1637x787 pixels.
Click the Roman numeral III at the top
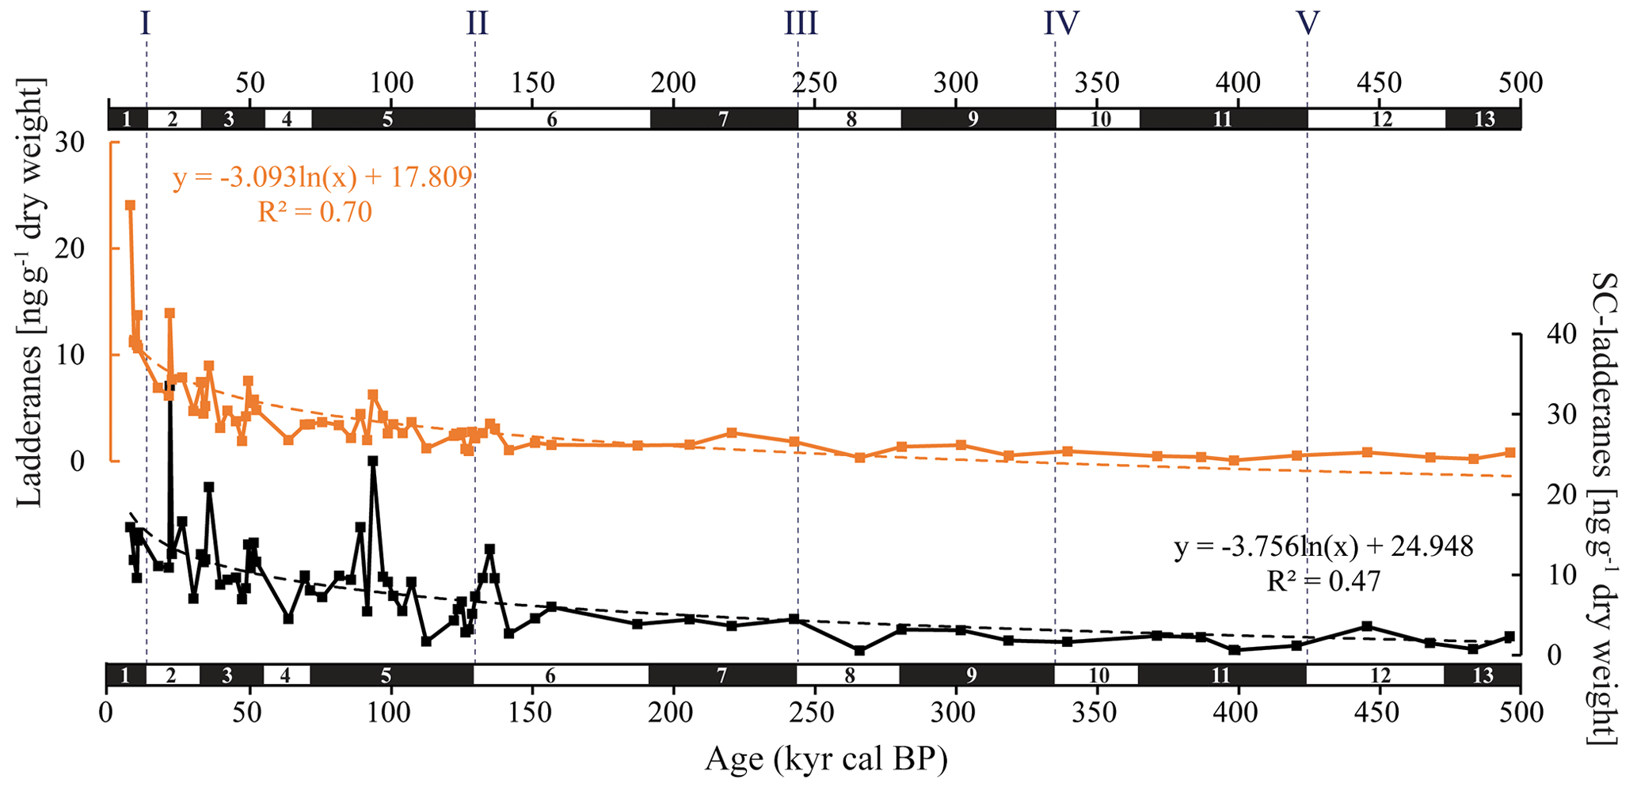click(x=801, y=25)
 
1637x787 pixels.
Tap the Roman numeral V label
click(x=1307, y=25)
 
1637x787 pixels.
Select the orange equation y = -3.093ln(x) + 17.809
click(x=322, y=177)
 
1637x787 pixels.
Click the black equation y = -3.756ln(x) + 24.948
click(x=1323, y=547)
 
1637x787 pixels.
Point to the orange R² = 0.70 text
click(x=314, y=212)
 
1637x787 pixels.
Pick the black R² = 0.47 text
click(x=1323, y=582)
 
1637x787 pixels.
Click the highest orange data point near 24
click(x=130, y=205)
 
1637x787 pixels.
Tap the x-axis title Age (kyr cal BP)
click(x=826, y=759)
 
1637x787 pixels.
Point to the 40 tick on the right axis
click(x=1547, y=334)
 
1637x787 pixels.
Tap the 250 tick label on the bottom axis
click(x=814, y=713)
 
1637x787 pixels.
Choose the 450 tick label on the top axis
click(x=1379, y=82)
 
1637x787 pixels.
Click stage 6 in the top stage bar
click(x=552, y=120)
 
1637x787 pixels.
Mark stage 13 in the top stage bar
click(x=1484, y=120)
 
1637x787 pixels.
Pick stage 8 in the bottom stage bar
click(x=849, y=675)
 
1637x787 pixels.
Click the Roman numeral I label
click(x=145, y=25)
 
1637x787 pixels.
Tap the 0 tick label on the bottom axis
click(x=107, y=713)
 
